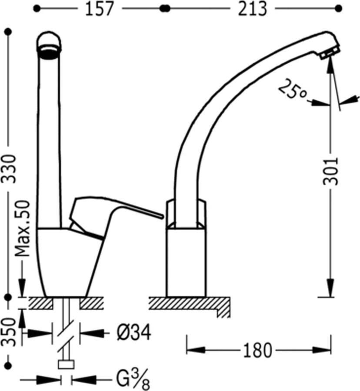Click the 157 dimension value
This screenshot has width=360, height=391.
pos(99,9)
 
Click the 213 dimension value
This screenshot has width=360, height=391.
pos(252,9)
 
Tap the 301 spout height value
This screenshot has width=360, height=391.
pos(331,171)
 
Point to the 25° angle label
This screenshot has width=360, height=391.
pos(292,89)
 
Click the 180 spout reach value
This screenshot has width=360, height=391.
pos(257,350)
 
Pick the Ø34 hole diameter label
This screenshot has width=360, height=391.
pos(134,332)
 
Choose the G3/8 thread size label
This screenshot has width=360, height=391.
pos(133,379)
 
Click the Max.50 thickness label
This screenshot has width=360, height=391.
pos(23,229)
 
